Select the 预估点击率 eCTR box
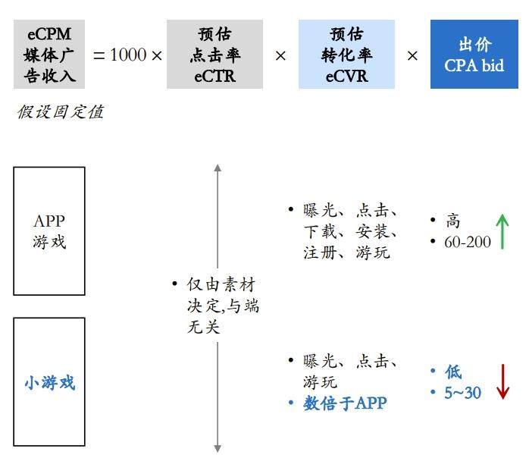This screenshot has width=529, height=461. point(215,55)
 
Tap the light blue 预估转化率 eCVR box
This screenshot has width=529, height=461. point(346,55)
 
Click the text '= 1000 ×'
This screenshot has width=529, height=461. point(127,55)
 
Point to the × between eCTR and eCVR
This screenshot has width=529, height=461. point(280,55)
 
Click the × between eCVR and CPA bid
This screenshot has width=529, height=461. point(412,55)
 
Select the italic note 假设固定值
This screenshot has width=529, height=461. point(60,113)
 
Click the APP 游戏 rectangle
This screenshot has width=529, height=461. point(49,231)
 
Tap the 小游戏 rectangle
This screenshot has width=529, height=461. point(49,382)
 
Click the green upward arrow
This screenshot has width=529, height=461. point(502,231)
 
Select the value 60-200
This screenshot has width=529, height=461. point(468,243)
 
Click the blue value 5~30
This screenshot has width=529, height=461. point(462,393)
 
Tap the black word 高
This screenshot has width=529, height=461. point(453,221)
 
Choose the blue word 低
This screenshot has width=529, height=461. point(453,372)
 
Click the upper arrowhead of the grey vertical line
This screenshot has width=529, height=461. point(218,168)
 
